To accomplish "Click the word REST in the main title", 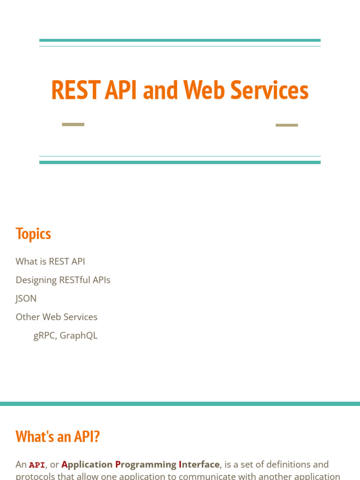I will tap(75, 90).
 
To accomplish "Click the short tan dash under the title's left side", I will tap(73, 124).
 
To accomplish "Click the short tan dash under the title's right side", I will tap(286, 125).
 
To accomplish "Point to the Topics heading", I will tap(33, 233).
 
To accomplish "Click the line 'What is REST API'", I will tap(50, 262).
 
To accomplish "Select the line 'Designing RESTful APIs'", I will tap(63, 280).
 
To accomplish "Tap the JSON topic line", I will tap(26, 299).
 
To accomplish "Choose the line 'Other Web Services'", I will tap(56, 317).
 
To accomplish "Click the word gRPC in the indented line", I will tap(45, 336).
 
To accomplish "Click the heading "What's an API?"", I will tap(58, 436).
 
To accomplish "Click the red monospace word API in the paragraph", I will tap(37, 465).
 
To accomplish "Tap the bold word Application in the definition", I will tap(87, 465).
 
